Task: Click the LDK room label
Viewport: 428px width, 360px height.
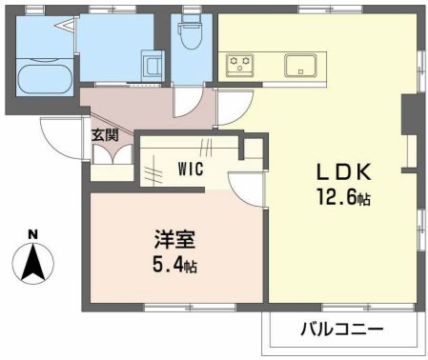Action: tap(344, 174)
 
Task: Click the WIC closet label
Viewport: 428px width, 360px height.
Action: tap(191, 172)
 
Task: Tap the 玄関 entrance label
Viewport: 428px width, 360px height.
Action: tap(105, 135)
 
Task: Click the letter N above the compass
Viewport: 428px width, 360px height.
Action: tap(32, 234)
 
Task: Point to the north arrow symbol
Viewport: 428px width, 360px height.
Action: tap(32, 262)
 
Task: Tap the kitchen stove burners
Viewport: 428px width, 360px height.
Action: tap(239, 65)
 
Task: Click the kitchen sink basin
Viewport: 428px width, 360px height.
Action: tap(302, 65)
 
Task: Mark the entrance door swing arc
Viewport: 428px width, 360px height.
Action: tap(59, 141)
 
